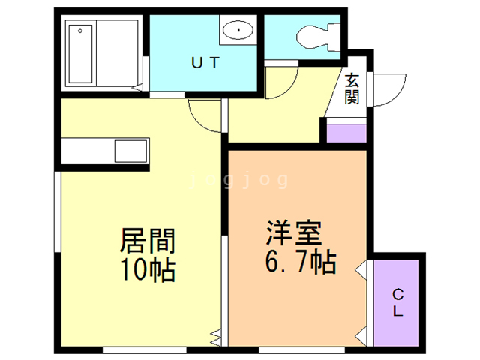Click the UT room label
click(x=204, y=64)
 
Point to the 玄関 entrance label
click(x=352, y=88)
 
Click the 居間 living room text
click(x=148, y=241)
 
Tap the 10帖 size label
click(x=148, y=268)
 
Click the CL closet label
click(x=397, y=301)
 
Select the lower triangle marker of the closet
click(x=361, y=331)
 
